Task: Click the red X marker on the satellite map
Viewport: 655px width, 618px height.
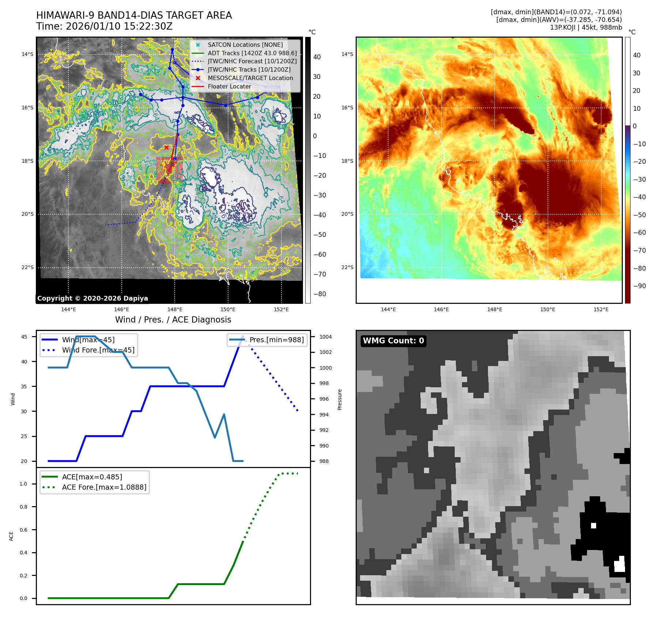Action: click(167, 147)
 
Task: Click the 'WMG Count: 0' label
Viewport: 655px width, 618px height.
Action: click(393, 341)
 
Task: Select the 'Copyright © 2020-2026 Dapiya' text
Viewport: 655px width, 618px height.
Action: click(92, 298)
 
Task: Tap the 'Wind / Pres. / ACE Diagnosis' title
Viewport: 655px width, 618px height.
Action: click(173, 320)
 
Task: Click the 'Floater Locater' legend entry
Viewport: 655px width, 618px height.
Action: click(229, 87)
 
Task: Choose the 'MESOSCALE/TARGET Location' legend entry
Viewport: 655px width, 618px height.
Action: click(250, 78)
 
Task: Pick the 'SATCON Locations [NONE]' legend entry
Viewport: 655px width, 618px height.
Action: click(245, 45)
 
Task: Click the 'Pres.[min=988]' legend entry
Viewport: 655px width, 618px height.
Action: click(276, 340)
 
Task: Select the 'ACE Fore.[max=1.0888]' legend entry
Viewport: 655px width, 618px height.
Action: click(104, 487)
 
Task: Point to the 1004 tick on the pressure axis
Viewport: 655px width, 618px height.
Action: click(325, 337)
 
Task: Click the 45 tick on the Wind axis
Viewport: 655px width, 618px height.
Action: click(24, 337)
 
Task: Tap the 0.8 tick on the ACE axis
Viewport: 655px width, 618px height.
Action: click(23, 507)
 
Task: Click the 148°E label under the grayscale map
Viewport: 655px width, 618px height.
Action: click(175, 309)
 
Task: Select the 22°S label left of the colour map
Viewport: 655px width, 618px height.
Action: click(347, 267)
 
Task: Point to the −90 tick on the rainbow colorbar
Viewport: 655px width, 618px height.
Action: click(639, 286)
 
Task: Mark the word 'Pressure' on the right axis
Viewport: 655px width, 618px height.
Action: click(340, 399)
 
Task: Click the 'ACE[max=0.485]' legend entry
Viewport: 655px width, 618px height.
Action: click(92, 477)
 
